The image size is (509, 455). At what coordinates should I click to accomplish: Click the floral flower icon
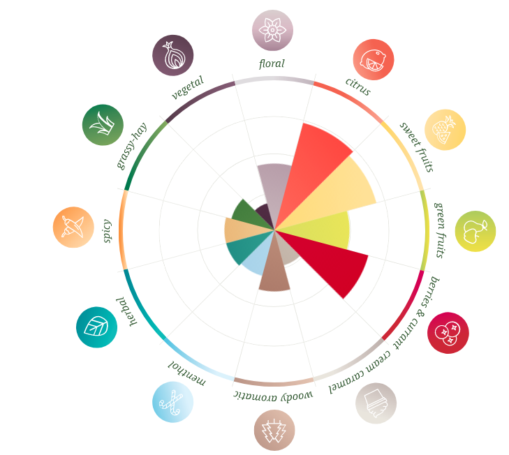[x=272, y=30]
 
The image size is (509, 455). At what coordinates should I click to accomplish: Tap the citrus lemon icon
[x=373, y=59]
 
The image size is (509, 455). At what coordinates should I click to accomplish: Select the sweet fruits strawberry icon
[x=445, y=130]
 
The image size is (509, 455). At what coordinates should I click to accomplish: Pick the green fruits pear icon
[x=475, y=231]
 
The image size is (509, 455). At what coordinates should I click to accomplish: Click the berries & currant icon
[x=448, y=333]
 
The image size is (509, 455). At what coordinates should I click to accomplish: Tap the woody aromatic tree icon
[x=274, y=430]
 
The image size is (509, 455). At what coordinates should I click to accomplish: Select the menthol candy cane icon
[x=172, y=402]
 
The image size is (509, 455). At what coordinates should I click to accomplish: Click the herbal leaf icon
[x=96, y=327]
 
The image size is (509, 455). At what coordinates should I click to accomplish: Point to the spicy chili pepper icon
[x=73, y=227]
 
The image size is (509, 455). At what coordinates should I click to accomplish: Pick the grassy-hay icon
[x=103, y=125]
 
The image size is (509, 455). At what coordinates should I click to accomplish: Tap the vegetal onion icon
[x=172, y=55]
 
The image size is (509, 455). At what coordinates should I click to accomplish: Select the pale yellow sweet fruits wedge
[x=346, y=192]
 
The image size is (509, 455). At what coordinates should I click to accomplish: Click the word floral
[x=272, y=64]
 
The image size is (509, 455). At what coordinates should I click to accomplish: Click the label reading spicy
[x=108, y=231]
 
